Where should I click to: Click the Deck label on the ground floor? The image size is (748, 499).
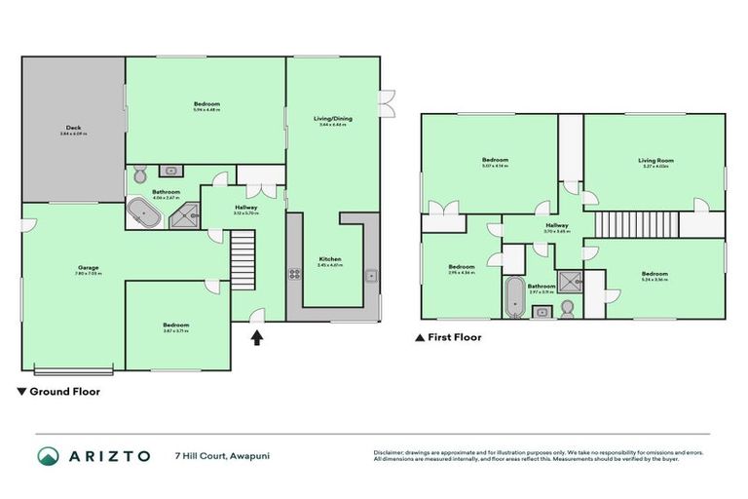pos(73,128)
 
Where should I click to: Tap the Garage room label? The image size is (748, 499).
pos(89,266)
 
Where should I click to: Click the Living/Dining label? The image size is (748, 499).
pos(332,119)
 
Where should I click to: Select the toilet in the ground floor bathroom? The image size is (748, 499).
pos(138,173)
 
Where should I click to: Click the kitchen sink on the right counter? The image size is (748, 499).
pos(371,275)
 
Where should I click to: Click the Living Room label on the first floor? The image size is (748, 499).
pos(655,161)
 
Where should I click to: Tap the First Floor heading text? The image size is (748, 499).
pos(449,338)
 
